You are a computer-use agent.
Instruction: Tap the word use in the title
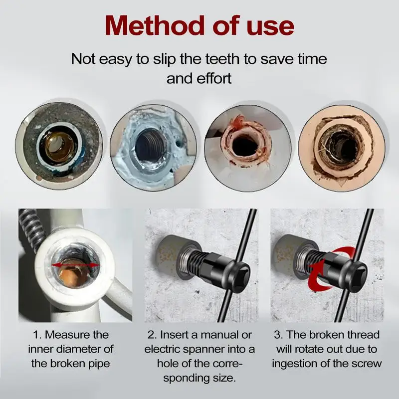(x=270, y=28)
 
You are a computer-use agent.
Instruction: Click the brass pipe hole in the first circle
(x=59, y=147)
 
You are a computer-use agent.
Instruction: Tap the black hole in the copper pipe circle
(x=245, y=146)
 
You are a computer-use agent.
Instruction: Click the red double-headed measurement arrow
(x=75, y=265)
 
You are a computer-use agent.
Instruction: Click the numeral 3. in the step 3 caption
(x=278, y=335)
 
